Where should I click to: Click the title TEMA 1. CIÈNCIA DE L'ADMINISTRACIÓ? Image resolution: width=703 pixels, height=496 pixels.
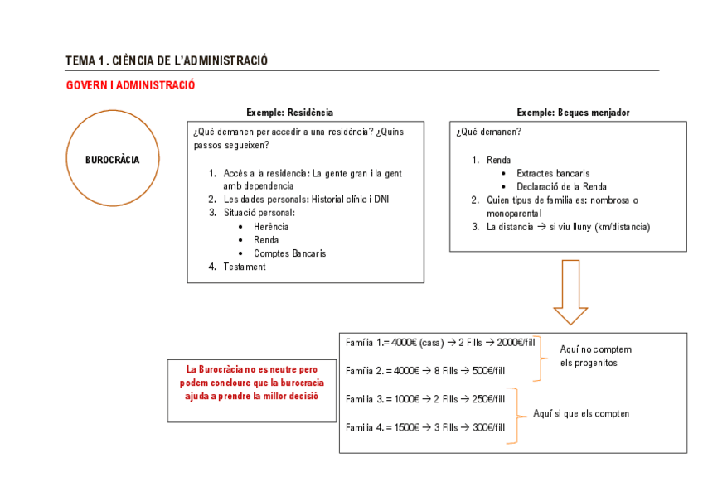pyautogui.click(x=167, y=60)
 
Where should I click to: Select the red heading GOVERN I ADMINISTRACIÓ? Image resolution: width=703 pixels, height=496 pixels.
pyautogui.click(x=130, y=85)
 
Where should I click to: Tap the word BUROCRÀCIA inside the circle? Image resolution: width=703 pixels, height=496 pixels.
pyautogui.click(x=112, y=159)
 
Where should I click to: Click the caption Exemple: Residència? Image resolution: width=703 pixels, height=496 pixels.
pyautogui.click(x=289, y=113)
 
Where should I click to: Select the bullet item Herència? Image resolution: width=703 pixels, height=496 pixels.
pyautogui.click(x=271, y=227)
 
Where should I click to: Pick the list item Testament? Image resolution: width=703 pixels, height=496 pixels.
pyautogui.click(x=244, y=267)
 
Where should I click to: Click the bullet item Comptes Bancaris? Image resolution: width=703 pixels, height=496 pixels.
pyautogui.click(x=289, y=253)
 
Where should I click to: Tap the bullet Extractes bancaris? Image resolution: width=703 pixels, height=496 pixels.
pyautogui.click(x=553, y=174)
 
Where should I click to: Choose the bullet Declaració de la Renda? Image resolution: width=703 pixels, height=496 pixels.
pyautogui.click(x=561, y=187)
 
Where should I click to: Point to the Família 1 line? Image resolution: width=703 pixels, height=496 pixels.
pyautogui.click(x=440, y=343)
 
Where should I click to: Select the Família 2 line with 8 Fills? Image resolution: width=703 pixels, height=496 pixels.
pyautogui.click(x=424, y=370)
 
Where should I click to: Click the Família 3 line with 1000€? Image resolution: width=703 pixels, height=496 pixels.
pyautogui.click(x=424, y=399)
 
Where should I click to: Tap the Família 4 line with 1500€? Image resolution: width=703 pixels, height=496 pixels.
pyautogui.click(x=424, y=427)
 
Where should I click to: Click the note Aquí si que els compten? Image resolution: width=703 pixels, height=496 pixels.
pyautogui.click(x=580, y=413)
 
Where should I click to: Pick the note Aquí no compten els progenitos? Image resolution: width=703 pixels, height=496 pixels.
pyautogui.click(x=595, y=356)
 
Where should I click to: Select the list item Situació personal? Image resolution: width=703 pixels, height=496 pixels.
pyautogui.click(x=259, y=213)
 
